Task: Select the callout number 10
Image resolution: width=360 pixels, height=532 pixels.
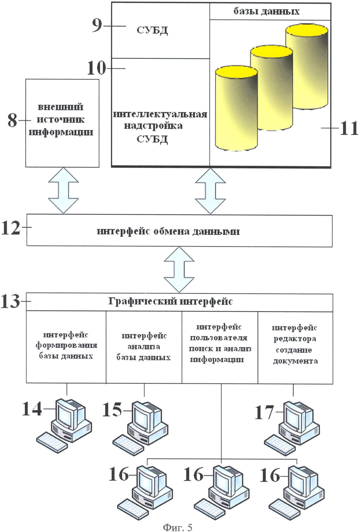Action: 97,68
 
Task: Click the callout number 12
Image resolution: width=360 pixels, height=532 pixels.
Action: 11,229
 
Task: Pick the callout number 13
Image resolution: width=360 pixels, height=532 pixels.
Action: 11,301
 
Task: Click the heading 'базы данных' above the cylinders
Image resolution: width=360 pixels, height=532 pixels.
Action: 266,11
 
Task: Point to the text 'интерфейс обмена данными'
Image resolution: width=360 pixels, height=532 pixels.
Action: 168,231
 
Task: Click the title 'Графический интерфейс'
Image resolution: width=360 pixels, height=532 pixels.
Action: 170,302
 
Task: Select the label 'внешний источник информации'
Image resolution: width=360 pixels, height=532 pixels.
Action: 61,120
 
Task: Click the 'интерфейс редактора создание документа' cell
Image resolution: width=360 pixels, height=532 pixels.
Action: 295,345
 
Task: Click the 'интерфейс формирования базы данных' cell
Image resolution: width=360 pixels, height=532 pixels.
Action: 66,346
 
